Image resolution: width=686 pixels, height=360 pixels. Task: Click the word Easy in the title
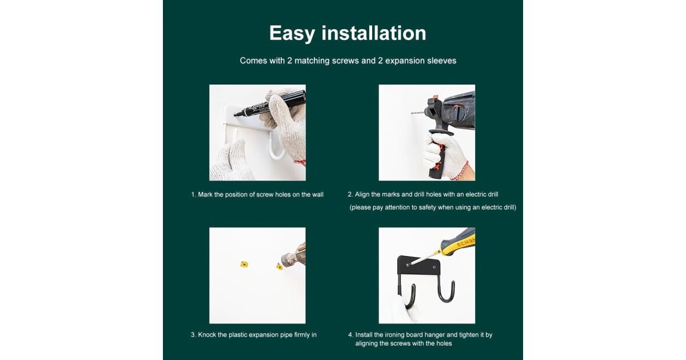(x=292, y=33)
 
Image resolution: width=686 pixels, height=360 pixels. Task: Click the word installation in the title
(x=374, y=33)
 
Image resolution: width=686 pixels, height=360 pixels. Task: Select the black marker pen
(x=270, y=103)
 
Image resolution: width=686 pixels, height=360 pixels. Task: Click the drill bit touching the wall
(x=418, y=113)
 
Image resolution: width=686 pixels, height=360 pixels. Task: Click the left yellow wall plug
(x=244, y=264)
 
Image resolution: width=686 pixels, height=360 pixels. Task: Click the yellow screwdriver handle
(x=457, y=241)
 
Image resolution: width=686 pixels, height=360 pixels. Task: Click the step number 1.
(x=193, y=195)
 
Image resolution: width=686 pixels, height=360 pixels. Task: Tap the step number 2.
(x=350, y=194)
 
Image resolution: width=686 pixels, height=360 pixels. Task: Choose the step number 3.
(x=193, y=335)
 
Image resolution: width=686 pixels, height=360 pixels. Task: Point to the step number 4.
(x=350, y=335)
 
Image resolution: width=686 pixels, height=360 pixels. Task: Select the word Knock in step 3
(x=207, y=335)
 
